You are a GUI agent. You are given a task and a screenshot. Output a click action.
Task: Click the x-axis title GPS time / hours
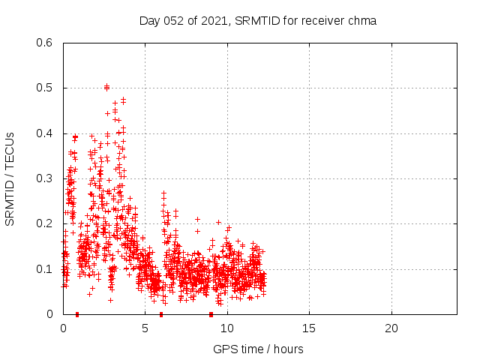[x=258, y=349]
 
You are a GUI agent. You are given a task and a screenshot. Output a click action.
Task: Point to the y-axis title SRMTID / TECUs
[x=10, y=178]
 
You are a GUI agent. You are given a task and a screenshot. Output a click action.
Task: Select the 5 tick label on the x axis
[x=145, y=328]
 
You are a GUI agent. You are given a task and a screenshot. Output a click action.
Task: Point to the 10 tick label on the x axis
[x=227, y=328]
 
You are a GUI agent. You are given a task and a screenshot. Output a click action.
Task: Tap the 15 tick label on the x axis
[x=309, y=328]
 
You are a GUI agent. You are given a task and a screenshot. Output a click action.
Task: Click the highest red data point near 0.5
[x=106, y=87]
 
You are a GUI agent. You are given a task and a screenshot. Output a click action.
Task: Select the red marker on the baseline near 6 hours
[x=161, y=313]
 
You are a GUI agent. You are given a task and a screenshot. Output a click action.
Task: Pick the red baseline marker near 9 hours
[x=211, y=313]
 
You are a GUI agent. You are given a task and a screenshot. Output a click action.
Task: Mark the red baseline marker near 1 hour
[x=77, y=313]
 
